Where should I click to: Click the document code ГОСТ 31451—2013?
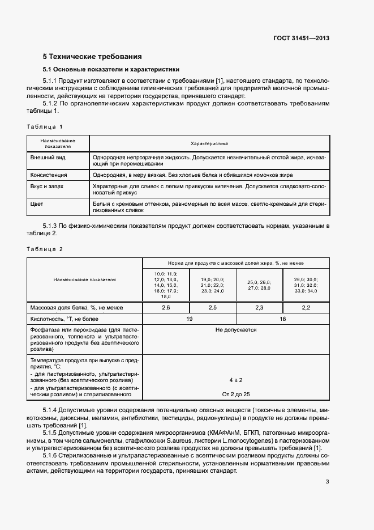[x=301, y=39]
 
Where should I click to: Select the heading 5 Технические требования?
[x=92, y=57]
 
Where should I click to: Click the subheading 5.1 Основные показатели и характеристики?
[x=111, y=69]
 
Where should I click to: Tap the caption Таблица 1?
[x=45, y=126]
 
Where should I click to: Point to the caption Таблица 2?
[x=45, y=249]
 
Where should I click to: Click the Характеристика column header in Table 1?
[x=209, y=143]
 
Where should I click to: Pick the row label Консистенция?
[x=49, y=175]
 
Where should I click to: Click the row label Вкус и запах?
[x=48, y=185]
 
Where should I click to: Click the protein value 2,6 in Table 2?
[x=166, y=307]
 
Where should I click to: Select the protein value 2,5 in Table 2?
[x=212, y=307]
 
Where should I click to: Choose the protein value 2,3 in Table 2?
[x=259, y=307]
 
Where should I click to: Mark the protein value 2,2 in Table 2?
[x=306, y=307]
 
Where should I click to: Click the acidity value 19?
[x=189, y=319]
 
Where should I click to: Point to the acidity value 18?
[x=282, y=319]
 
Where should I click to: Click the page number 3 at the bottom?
[x=327, y=482]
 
